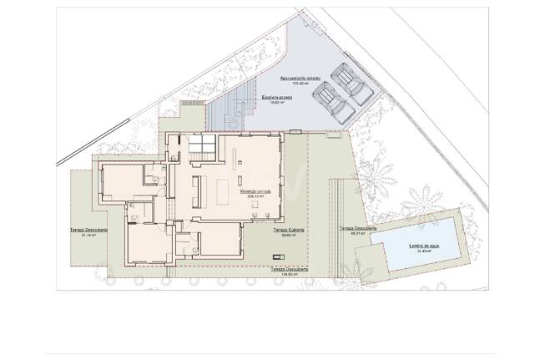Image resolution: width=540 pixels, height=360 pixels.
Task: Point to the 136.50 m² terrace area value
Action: point(290,274)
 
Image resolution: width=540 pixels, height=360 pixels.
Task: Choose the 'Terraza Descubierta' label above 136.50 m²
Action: point(290,269)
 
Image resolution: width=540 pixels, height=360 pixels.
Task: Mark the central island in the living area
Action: point(223,191)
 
